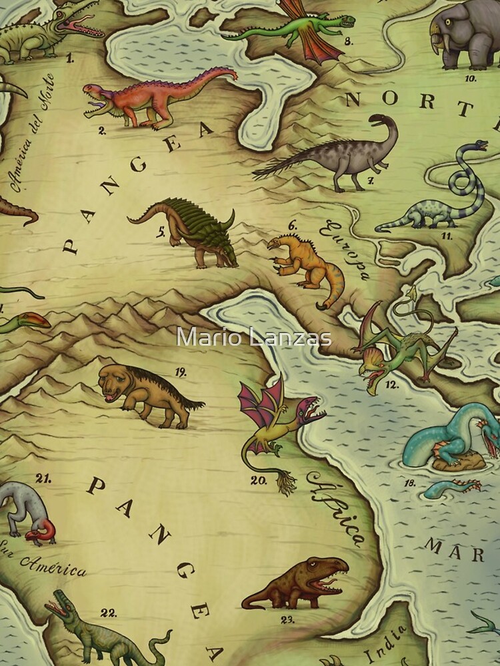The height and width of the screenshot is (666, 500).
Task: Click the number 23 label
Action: pos(287,619)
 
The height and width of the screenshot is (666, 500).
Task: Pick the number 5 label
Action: pos(161,232)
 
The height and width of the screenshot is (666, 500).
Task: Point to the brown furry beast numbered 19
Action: pos(147,393)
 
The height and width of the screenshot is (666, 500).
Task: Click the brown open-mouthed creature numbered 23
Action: pos(300,583)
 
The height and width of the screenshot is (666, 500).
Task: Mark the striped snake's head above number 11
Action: pos(479,145)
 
